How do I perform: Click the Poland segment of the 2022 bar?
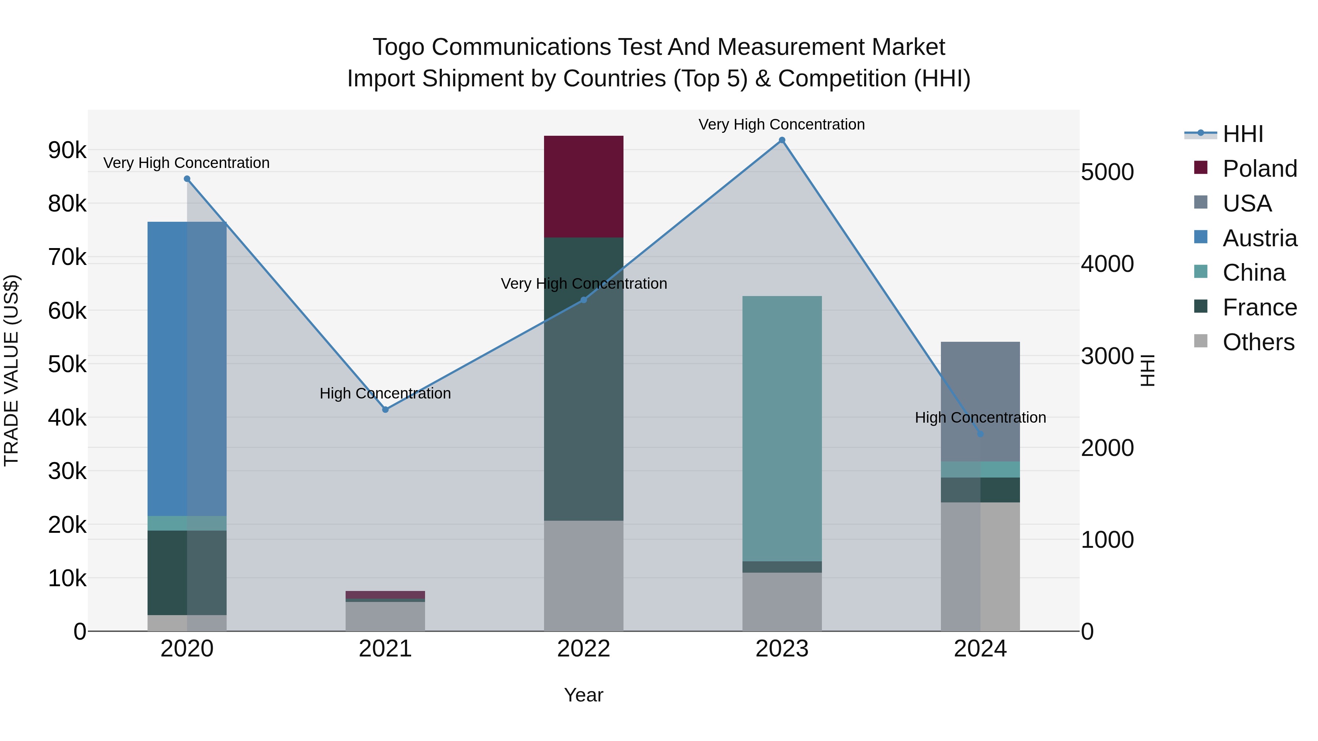[x=583, y=187]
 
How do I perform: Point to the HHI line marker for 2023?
[x=782, y=140]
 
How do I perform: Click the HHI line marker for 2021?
[x=385, y=409]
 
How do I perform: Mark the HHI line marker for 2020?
[x=187, y=179]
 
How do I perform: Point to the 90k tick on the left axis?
[x=67, y=150]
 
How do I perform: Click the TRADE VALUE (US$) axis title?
[x=11, y=370]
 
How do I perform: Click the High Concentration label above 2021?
[x=385, y=393]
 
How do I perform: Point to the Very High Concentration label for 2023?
[x=781, y=124]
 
